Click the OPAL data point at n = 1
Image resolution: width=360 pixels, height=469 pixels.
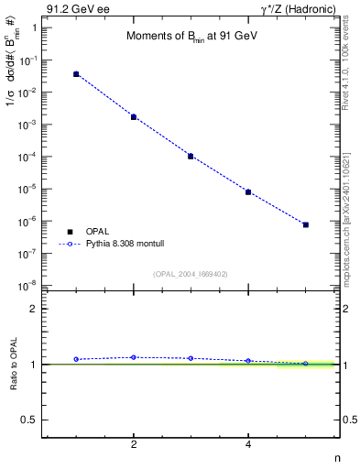pyautogui.click(x=76, y=74)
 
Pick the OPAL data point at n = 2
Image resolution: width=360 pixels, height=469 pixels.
pyautogui.click(x=134, y=117)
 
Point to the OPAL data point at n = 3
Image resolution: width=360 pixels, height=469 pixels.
pyautogui.click(x=191, y=156)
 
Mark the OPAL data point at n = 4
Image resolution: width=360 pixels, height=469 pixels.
pyautogui.click(x=248, y=192)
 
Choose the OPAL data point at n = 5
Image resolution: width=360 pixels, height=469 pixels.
pyautogui.click(x=306, y=224)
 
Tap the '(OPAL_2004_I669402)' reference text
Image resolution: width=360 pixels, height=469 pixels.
pyautogui.click(x=190, y=274)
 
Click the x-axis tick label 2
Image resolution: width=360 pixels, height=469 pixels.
pyautogui.click(x=134, y=444)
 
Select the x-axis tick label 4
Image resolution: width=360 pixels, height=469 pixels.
pyautogui.click(x=248, y=444)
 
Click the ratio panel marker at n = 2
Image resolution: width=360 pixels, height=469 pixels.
pyautogui.click(x=134, y=357)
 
